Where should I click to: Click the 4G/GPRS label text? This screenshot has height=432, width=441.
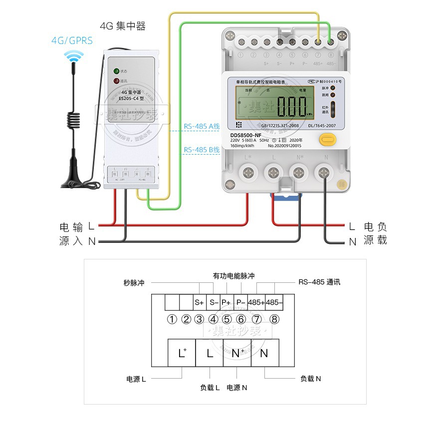pos(72,40)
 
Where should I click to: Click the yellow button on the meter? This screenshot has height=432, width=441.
pos(326,139)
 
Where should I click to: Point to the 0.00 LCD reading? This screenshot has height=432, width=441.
pos(291,106)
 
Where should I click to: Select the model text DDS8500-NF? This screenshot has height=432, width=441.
pos(246,135)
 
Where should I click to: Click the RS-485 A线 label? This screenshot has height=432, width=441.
pos(202,127)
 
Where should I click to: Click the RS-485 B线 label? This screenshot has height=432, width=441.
pos(202,150)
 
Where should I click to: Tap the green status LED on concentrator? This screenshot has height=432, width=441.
pos(116,71)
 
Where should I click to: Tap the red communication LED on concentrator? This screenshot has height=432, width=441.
pos(116,80)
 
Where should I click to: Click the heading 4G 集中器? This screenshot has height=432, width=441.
pos(123,26)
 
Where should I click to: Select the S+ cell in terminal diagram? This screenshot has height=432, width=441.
pos(200,302)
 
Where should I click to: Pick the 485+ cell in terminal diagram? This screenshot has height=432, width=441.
pos(256,302)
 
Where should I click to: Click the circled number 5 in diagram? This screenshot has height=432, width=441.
pos(227,319)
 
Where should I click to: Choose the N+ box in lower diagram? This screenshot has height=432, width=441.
pos(238,353)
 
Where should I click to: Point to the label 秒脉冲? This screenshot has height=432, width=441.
pos(134,283)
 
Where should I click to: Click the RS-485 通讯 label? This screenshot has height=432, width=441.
pos(319,282)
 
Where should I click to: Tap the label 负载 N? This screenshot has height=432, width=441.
pos(311,379)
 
